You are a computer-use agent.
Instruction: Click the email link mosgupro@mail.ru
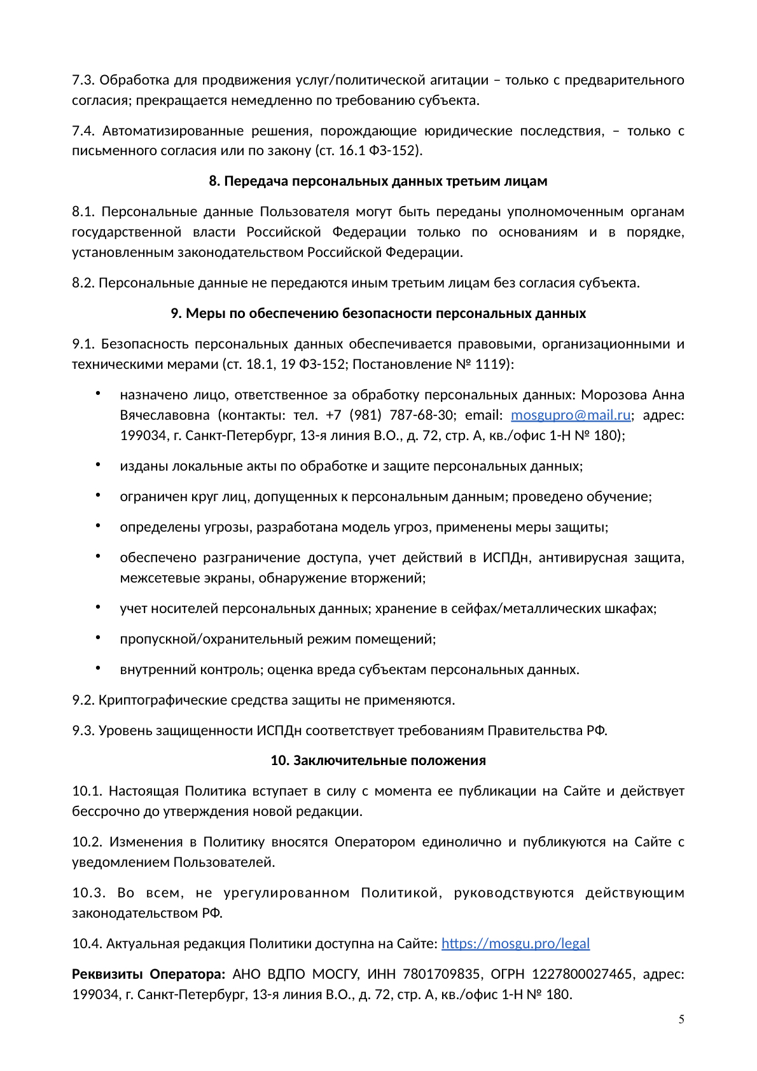tap(571, 415)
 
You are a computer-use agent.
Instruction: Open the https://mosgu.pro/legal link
tap(515, 943)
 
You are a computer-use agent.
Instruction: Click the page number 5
tap(681, 1019)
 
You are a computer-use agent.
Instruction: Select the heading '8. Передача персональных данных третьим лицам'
tap(378, 181)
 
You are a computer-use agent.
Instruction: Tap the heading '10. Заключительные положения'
tap(378, 761)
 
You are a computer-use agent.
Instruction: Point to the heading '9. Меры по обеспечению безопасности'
tap(378, 314)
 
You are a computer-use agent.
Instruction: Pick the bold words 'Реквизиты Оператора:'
tap(148, 974)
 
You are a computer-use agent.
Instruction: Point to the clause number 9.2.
tap(83, 700)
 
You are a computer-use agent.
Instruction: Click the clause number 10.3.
tap(88, 893)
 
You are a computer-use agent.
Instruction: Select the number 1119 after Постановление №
tap(490, 364)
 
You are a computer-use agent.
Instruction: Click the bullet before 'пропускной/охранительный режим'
tap(99, 638)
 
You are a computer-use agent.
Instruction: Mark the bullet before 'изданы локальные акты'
tap(99, 465)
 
